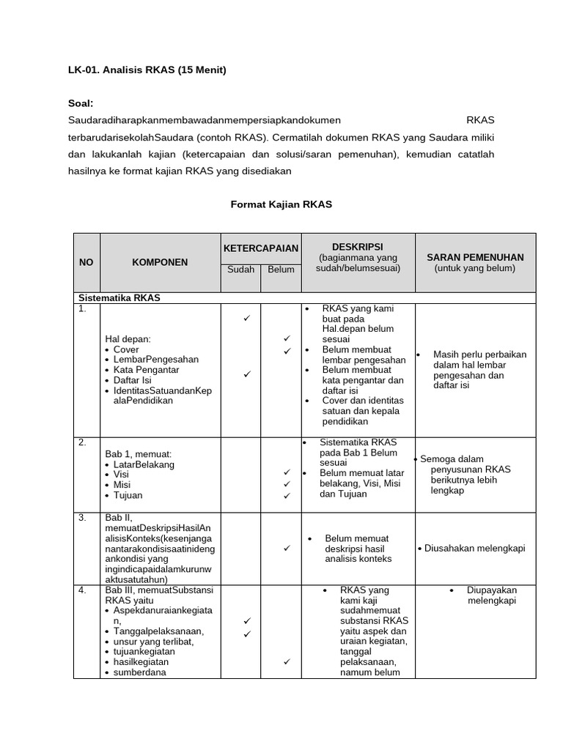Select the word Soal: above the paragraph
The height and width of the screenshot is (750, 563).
click(81, 104)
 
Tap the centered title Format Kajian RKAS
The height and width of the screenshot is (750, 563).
click(281, 204)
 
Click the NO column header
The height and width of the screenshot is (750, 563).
click(87, 262)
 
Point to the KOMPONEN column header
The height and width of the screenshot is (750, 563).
click(160, 262)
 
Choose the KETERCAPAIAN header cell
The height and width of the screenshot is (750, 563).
click(260, 248)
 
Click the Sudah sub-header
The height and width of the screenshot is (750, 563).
click(240, 270)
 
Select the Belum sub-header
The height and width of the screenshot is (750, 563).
click(281, 270)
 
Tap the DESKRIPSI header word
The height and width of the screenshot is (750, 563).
click(357, 246)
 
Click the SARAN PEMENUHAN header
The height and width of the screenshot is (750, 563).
click(475, 257)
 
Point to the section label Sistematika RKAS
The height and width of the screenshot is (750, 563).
click(119, 298)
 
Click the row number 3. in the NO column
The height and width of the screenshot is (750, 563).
click(84, 517)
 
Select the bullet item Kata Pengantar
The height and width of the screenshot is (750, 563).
click(146, 370)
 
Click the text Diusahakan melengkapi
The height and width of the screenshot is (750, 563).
click(474, 548)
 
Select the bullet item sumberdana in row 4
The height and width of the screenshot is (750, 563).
click(140, 672)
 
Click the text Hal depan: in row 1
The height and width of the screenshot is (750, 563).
click(128, 339)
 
